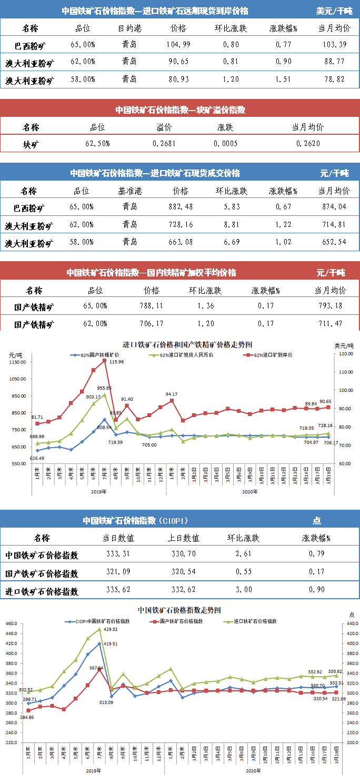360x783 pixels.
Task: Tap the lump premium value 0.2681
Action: point(162,144)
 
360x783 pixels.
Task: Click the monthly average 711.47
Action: point(330,322)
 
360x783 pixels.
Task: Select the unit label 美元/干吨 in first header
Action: point(334,11)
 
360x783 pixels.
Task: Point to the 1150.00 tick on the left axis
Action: point(18,362)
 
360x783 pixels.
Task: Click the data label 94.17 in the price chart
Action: point(171,394)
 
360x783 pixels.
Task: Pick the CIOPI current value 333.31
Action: point(118,555)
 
